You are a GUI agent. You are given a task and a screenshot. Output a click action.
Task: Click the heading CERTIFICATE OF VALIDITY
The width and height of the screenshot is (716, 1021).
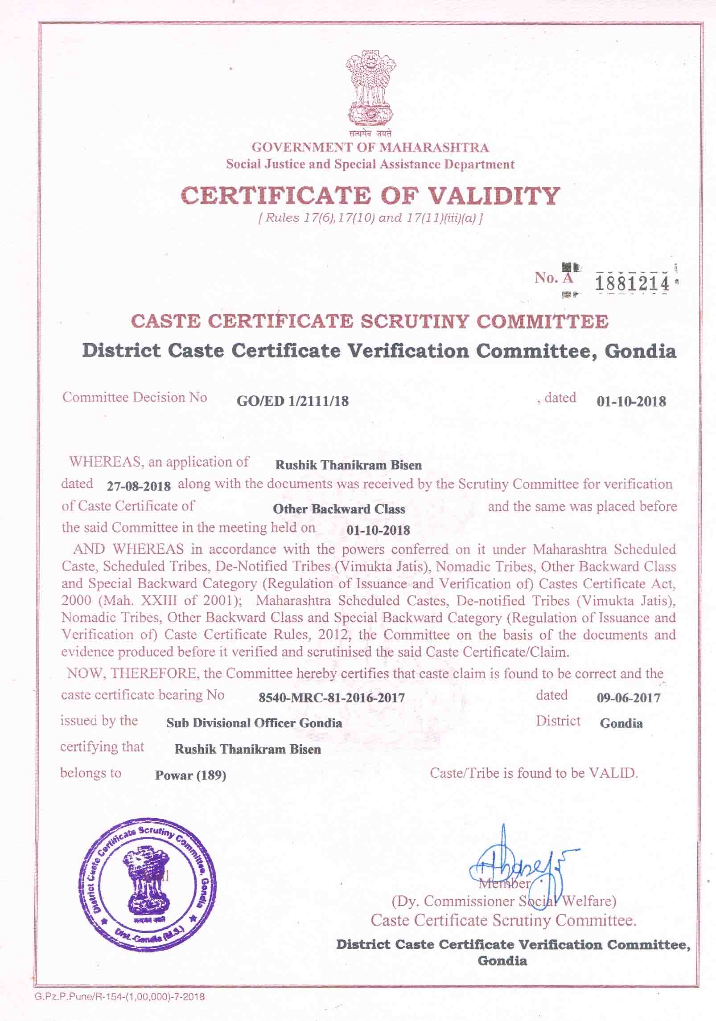pyautogui.click(x=370, y=196)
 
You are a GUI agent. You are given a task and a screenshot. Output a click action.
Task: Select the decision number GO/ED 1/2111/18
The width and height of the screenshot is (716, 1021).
pyautogui.click(x=293, y=401)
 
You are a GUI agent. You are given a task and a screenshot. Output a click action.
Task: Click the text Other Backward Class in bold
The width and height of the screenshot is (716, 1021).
pyautogui.click(x=339, y=509)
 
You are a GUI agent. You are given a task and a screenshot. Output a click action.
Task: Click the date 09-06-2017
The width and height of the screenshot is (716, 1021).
pyautogui.click(x=629, y=697)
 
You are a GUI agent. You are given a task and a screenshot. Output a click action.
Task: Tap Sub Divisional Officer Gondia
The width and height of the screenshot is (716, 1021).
pyautogui.click(x=254, y=723)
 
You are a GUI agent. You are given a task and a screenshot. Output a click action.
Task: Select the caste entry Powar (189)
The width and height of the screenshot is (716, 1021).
pyautogui.click(x=190, y=775)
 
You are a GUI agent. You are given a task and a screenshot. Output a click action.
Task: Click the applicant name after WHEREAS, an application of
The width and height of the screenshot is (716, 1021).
pyautogui.click(x=348, y=465)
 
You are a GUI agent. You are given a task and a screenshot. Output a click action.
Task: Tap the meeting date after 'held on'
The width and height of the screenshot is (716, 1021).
pyautogui.click(x=378, y=530)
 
